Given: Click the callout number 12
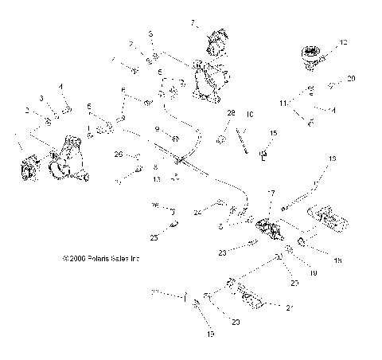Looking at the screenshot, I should (344, 41).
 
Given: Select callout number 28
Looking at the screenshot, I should (232, 113).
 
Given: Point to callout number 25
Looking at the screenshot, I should (155, 237).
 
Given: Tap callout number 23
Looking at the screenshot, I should (223, 252).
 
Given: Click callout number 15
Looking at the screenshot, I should (273, 133).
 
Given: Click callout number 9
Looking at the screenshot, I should (157, 128).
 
